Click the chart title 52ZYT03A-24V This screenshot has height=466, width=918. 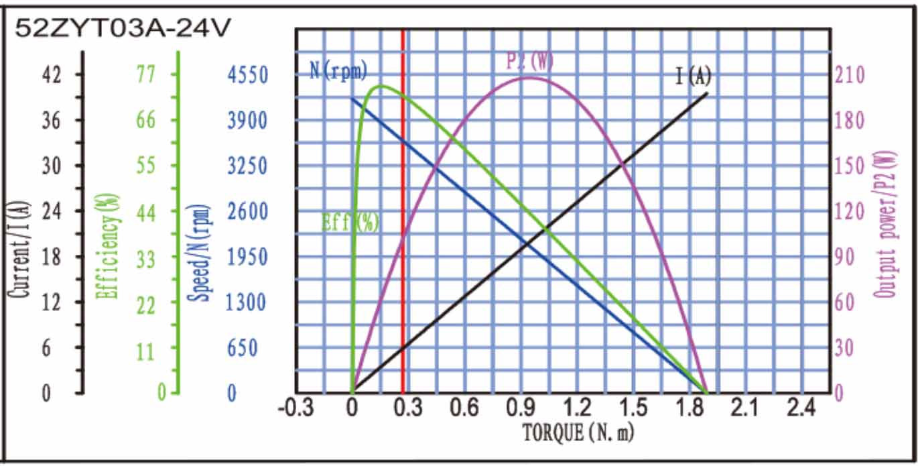(124, 27)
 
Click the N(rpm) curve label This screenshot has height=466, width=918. (338, 70)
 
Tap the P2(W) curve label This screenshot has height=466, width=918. (530, 61)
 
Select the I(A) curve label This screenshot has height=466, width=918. (693, 76)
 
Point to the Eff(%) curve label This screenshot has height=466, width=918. (350, 222)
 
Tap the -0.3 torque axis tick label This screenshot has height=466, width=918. (296, 407)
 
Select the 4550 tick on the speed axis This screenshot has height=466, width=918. (247, 74)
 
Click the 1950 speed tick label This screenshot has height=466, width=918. (247, 257)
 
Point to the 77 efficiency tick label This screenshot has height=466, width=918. (146, 74)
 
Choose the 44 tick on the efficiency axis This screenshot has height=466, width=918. (146, 212)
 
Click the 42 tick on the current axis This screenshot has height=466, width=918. (52, 74)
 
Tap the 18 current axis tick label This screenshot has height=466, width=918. (52, 257)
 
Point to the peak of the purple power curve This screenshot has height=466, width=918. (529, 78)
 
